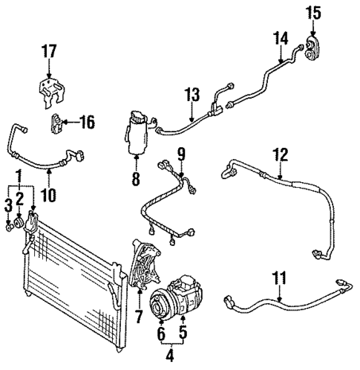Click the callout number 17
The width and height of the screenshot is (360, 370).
(49, 52)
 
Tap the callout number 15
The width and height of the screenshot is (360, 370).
(314, 12)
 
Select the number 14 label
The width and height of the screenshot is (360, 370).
(280, 36)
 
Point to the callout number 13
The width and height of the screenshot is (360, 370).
(192, 95)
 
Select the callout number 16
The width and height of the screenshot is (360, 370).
(87, 122)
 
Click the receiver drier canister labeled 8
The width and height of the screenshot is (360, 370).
(137, 133)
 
